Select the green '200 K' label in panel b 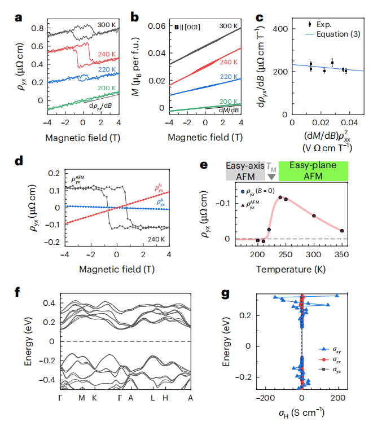click(228, 100)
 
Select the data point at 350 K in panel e click(342, 230)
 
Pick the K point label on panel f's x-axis click(95, 398)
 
